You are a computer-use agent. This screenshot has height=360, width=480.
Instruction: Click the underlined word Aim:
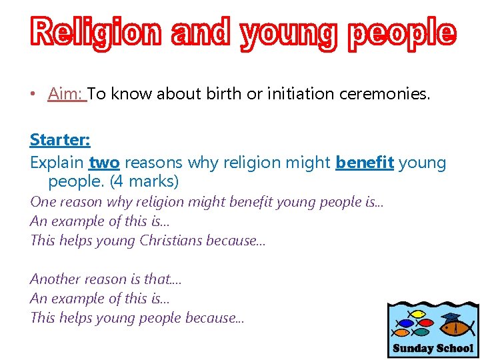(x=67, y=94)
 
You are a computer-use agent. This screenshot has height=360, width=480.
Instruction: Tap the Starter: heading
(x=60, y=140)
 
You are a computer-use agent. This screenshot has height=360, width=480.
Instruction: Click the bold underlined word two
(x=104, y=162)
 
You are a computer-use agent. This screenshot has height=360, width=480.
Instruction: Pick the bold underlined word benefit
(x=365, y=162)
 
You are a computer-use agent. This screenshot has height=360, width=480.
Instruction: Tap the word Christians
(x=173, y=240)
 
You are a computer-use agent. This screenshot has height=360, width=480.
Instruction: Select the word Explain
(x=57, y=162)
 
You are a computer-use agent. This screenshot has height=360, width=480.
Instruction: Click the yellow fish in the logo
(x=418, y=313)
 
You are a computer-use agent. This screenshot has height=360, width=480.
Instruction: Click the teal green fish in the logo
(x=422, y=331)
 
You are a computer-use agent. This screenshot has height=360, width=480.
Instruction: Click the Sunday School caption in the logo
(x=433, y=348)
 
